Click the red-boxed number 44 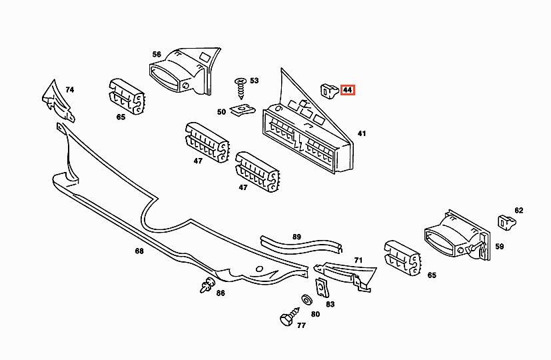(348, 90)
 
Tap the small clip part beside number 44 (328, 88)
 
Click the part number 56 (157, 54)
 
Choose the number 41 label (362, 134)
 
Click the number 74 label (69, 89)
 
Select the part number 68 (139, 251)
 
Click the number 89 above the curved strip (296, 237)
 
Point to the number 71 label (358, 260)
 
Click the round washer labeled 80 (305, 299)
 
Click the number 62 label (518, 211)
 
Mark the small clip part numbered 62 (505, 220)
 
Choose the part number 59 (499, 247)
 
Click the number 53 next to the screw (254, 80)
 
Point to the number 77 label (301, 326)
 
